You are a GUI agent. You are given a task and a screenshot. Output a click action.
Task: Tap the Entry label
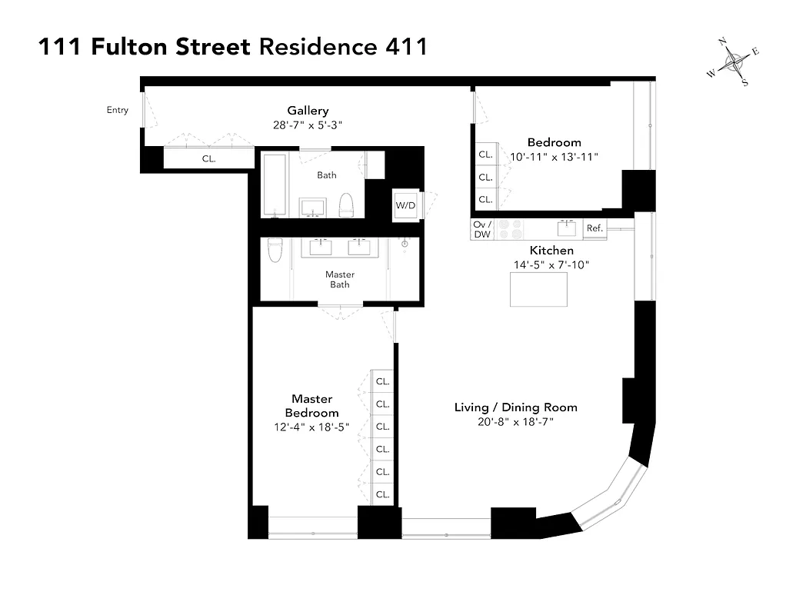[118, 110]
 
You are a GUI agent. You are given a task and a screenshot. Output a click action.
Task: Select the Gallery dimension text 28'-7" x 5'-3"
[308, 125]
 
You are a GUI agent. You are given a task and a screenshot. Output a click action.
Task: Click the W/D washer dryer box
[405, 205]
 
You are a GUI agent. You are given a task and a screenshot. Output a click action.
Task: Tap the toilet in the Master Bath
[275, 251]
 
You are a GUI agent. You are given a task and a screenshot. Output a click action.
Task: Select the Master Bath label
[340, 279]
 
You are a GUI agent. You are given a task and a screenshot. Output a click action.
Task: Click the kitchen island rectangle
[539, 289]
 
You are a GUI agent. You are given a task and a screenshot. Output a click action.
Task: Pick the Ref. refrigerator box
[595, 228]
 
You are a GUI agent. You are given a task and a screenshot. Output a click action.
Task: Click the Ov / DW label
[482, 229]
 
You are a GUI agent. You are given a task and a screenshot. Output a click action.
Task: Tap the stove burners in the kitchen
[511, 229]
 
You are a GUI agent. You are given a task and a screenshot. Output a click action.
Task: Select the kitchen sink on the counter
[567, 228]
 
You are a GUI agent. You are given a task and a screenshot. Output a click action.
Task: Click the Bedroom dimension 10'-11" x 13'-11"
[554, 156]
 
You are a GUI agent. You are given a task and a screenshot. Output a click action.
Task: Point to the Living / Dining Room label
[515, 407]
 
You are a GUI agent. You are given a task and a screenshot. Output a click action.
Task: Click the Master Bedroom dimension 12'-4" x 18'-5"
[311, 427]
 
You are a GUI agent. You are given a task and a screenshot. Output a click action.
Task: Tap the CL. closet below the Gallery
[208, 159]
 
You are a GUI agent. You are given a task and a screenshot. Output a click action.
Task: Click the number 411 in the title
[399, 47]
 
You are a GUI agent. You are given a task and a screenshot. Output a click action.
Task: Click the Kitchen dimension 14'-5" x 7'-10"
[551, 264]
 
